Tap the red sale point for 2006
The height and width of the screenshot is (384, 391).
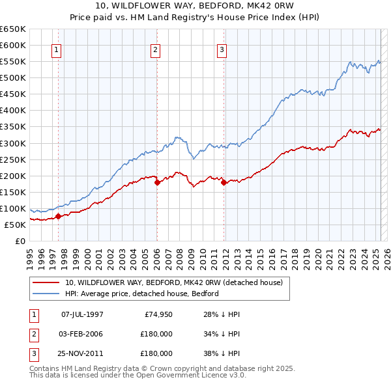[157, 183]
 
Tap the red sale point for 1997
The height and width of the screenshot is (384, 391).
[58, 216]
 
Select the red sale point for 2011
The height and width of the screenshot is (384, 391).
[224, 183]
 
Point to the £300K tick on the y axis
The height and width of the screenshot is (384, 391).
[14, 143]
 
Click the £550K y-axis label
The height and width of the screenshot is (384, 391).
[14, 62]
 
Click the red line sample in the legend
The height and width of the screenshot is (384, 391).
[46, 283]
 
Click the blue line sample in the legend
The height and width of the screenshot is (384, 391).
[46, 294]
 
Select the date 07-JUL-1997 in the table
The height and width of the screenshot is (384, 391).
[82, 314]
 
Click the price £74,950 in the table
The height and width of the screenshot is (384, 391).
[158, 314]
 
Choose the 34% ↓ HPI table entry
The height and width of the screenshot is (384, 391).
[222, 334]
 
